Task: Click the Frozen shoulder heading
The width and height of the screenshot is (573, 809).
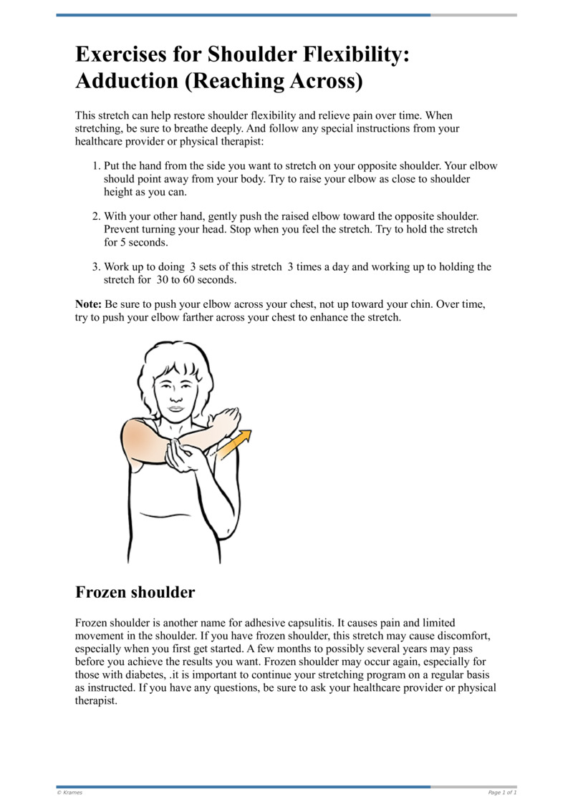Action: coord(135,592)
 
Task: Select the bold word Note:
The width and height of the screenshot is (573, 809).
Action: coord(88,304)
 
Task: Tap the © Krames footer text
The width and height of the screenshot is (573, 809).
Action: coord(69,793)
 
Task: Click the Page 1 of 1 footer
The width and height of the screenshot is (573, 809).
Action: coord(502,793)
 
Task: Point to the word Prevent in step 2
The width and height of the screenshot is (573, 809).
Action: coord(123,229)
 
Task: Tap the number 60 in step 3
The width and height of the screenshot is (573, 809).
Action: coord(188,279)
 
